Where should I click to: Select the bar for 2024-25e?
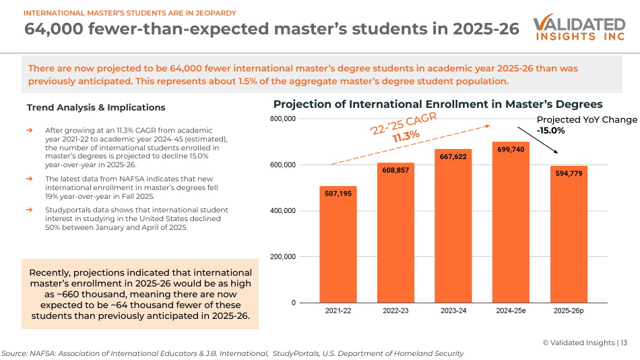point(511,222)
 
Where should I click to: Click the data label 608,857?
point(395,171)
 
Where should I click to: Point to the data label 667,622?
point(453,157)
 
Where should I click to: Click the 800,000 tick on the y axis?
point(282,119)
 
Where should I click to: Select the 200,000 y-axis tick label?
point(282,257)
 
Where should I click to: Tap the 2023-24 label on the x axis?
point(453,311)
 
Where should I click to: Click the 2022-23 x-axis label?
point(395,311)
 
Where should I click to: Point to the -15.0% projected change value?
point(550,131)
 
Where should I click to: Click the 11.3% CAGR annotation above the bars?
point(406,136)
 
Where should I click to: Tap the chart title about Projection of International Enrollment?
point(437,104)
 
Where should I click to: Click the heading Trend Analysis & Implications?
point(96,107)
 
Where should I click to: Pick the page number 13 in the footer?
point(624,342)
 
